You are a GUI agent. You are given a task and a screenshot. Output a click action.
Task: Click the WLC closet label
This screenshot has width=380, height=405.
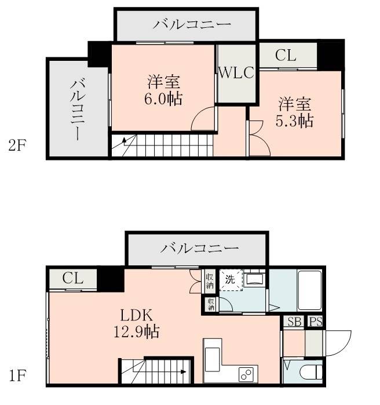click(236, 74)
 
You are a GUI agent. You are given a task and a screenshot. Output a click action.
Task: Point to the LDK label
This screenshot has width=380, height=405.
click(136, 316)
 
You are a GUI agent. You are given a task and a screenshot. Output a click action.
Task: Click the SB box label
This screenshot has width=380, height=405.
click(294, 322)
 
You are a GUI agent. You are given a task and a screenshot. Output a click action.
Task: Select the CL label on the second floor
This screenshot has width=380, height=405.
click(286, 56)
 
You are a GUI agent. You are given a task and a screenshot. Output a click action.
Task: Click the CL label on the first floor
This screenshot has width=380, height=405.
click(73, 279)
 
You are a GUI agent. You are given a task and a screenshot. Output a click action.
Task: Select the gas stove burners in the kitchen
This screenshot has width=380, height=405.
click(246, 374)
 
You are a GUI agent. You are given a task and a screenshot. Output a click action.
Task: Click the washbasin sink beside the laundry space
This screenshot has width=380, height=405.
click(254, 279)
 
